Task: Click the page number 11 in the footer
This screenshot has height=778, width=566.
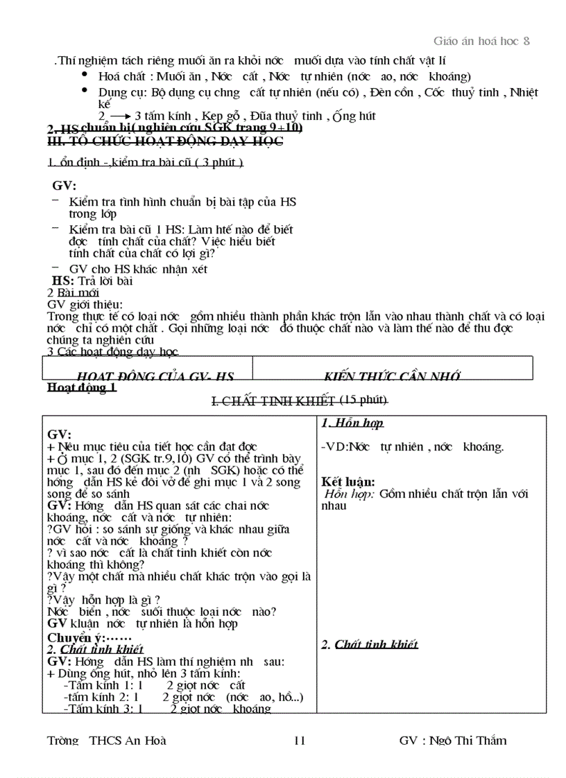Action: [300, 741]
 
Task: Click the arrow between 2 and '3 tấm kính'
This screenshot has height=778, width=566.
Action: [120, 116]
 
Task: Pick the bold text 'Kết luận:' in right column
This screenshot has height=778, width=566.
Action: [348, 481]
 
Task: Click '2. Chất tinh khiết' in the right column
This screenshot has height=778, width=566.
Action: [370, 644]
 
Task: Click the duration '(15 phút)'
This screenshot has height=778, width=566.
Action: [363, 400]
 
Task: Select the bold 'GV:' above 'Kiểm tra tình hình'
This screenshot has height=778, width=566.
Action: [65, 186]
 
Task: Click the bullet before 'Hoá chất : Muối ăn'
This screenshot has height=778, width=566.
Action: [85, 74]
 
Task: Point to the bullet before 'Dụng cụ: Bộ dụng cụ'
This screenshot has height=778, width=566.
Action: [85, 91]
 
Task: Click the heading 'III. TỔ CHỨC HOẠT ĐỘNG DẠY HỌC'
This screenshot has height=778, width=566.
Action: [165, 141]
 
